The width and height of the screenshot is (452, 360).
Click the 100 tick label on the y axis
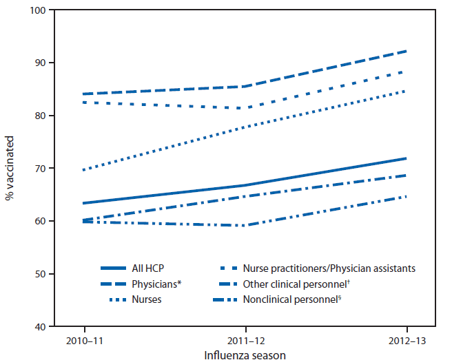pos(34,10)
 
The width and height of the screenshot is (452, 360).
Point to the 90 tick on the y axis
pos(37,63)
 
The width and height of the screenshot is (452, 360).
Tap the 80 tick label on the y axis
pos(37,116)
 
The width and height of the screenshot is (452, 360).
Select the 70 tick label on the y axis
pos(37,169)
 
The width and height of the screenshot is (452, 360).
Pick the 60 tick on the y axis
pos(37,221)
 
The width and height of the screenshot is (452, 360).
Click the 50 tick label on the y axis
pos(37,274)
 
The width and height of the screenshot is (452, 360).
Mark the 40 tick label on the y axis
pos(37,326)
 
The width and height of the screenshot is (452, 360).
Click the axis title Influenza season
pos(246,354)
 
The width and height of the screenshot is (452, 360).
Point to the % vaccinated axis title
pos(10,169)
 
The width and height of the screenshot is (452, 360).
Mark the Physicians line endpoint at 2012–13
pos(407,51)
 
